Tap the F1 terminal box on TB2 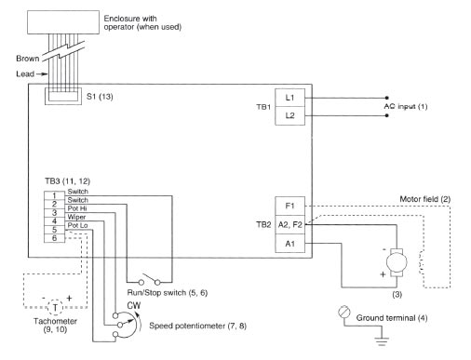[289, 205]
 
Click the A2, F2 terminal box [289, 223]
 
